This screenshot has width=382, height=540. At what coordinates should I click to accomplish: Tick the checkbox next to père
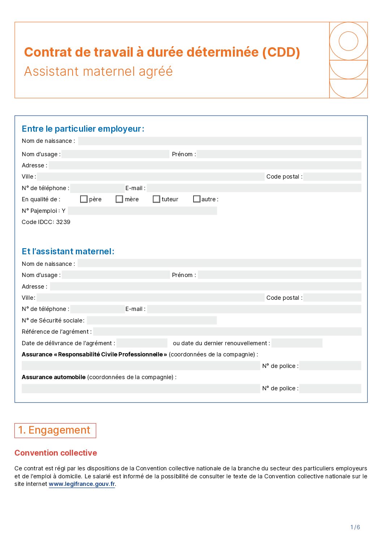pyautogui.click(x=84, y=199)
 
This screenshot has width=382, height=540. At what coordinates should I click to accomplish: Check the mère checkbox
pyautogui.click(x=119, y=199)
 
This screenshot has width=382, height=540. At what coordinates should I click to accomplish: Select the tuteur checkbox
pyautogui.click(x=156, y=199)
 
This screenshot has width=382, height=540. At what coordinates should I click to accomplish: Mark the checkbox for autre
pyautogui.click(x=197, y=199)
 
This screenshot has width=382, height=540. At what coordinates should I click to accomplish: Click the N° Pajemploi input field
pyautogui.click(x=142, y=211)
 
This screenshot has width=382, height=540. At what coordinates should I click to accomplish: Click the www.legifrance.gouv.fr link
pyautogui.click(x=82, y=484)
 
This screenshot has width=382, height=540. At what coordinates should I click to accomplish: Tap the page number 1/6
pyautogui.click(x=355, y=527)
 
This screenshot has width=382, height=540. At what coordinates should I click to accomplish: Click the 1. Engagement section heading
pyautogui.click(x=55, y=430)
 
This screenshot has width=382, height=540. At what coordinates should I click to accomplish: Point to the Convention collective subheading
pyautogui.click(x=56, y=453)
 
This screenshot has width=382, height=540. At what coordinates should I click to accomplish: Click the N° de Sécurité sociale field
pyautogui.click(x=152, y=320)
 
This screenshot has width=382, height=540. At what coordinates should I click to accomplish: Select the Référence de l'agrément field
pyautogui.click(x=227, y=332)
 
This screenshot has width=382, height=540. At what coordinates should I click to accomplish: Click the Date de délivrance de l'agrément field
pyautogui.click(x=142, y=343)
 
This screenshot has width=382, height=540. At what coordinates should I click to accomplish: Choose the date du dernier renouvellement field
pyautogui.click(x=297, y=343)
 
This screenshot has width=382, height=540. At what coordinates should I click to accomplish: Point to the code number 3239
pyautogui.click(x=63, y=222)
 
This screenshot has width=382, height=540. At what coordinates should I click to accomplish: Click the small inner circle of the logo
pyautogui.click(x=348, y=41)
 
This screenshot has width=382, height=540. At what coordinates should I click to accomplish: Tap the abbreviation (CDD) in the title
pyautogui.click(x=281, y=52)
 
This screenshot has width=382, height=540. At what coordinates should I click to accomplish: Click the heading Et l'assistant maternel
pyautogui.click(x=68, y=251)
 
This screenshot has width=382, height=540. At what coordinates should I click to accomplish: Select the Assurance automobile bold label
pyautogui.click(x=53, y=377)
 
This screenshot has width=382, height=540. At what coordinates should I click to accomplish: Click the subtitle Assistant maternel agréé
pyautogui.click(x=98, y=71)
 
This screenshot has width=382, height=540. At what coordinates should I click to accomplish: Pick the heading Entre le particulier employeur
pyautogui.click(x=83, y=129)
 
